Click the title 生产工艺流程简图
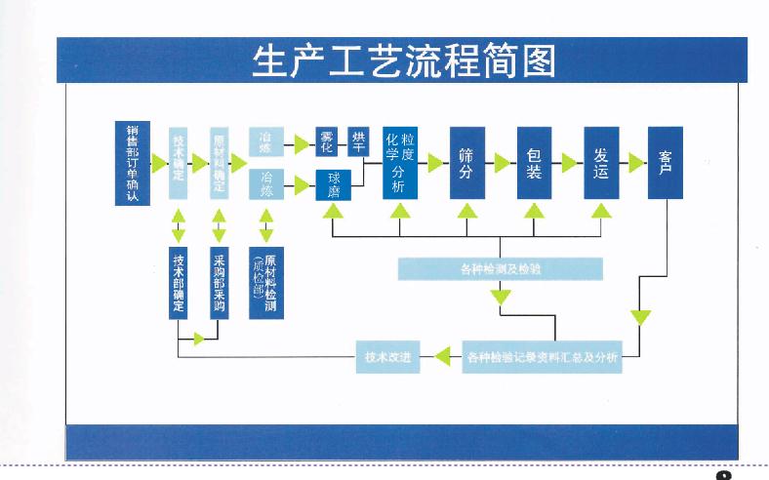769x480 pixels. (403, 60)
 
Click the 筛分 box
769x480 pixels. (466, 162)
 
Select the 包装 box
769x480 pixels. (534, 162)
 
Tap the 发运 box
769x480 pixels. (600, 162)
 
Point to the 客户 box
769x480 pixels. (666, 162)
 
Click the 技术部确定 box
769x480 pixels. (179, 283)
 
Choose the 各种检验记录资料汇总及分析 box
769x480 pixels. (542, 358)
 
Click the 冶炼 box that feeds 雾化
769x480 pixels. (265, 142)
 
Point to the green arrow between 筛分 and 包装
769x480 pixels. (501, 163)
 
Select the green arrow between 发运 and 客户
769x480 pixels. (635, 163)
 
